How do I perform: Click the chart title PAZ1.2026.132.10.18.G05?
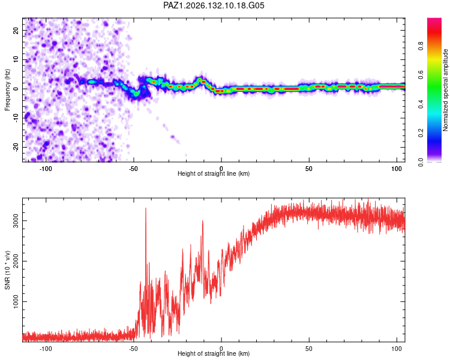(x=214, y=5)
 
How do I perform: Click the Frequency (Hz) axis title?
(x=7, y=90)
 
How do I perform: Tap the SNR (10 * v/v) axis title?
(x=7, y=270)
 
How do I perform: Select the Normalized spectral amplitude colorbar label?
(x=445, y=90)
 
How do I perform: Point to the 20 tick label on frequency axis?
(x=16, y=30)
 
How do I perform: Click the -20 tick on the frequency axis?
(x=16, y=148)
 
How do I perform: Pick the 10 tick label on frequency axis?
(x=16, y=59)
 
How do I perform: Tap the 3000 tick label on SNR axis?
(x=16, y=220)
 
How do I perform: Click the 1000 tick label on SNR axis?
(x=16, y=301)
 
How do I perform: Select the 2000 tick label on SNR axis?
(x=16, y=261)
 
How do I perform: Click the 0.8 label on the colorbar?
(x=421, y=46)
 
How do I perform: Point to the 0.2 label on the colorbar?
(x=421, y=133)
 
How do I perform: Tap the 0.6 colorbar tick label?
(x=421, y=75)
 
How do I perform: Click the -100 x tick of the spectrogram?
(x=46, y=169)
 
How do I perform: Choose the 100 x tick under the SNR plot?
(x=397, y=349)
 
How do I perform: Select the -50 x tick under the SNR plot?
(x=133, y=349)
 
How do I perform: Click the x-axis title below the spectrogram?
(x=214, y=173)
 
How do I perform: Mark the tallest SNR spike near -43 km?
(x=146, y=208)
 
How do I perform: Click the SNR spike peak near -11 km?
(x=203, y=221)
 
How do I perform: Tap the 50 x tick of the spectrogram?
(x=309, y=169)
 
